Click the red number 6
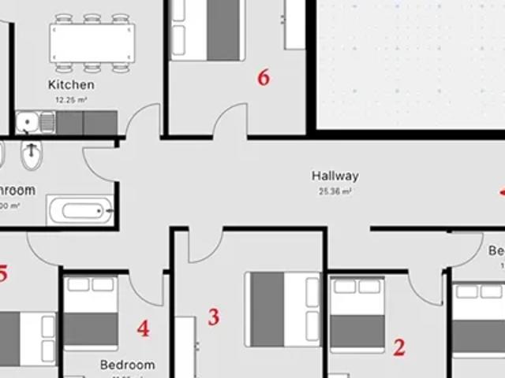(x=264, y=77)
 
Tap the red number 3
(x=213, y=317)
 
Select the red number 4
(x=143, y=328)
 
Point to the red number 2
(x=399, y=346)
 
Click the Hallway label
(x=335, y=176)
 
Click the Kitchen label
(x=71, y=84)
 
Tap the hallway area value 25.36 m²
(x=335, y=191)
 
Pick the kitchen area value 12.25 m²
(x=71, y=100)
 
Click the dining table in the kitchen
(x=92, y=42)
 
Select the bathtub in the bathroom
(x=80, y=211)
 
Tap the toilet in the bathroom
(x=31, y=156)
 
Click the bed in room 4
(x=90, y=313)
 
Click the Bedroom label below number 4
(x=127, y=365)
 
